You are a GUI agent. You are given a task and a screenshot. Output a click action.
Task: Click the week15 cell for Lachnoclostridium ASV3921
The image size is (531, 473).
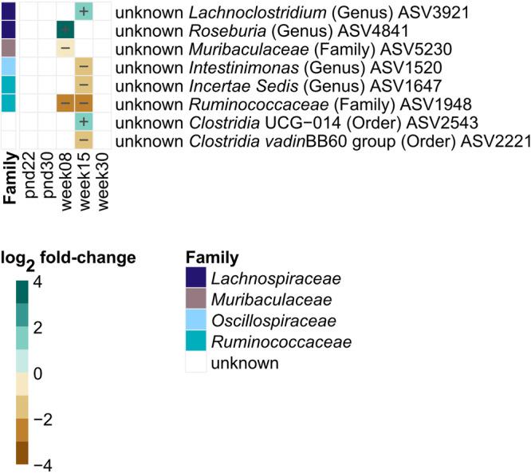pos(84,11)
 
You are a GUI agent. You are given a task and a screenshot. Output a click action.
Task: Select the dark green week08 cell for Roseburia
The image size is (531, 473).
pos(65,30)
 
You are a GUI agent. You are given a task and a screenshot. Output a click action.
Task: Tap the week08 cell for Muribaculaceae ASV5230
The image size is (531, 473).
pos(65,48)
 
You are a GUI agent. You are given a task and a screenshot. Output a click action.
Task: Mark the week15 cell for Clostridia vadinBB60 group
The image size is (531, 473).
pos(84,139)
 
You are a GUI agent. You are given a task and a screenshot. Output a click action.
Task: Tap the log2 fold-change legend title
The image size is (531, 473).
pos(67,259)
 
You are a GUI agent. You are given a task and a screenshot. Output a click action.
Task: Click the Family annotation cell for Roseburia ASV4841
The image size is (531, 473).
pos(9,30)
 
